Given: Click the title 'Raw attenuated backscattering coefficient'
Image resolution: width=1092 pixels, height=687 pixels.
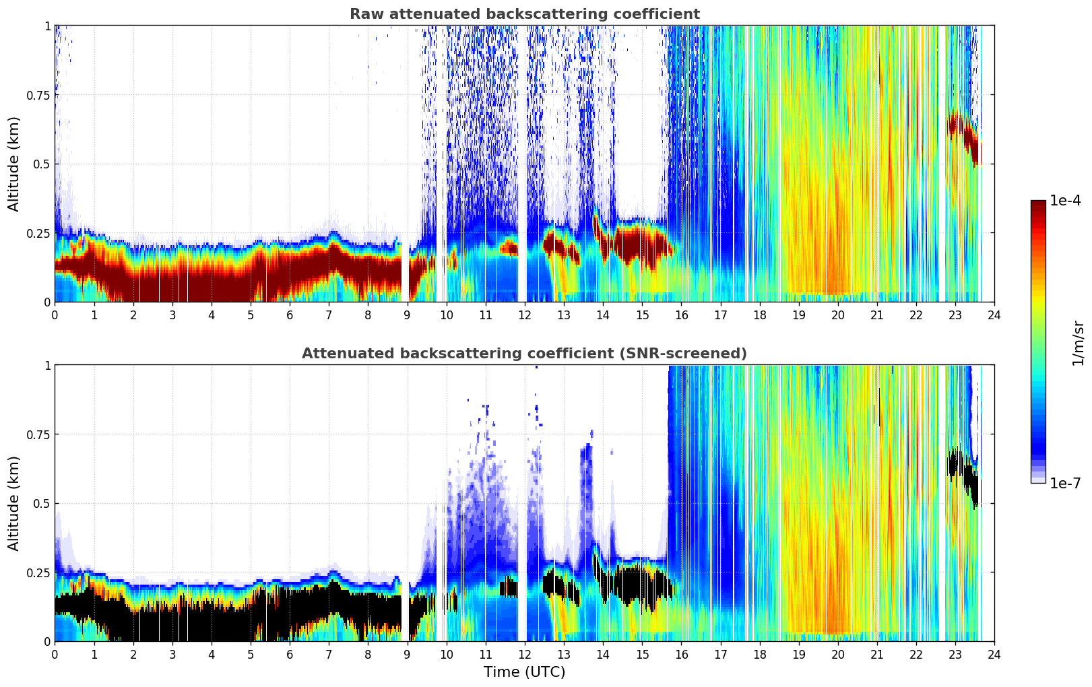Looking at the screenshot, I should click(x=524, y=14).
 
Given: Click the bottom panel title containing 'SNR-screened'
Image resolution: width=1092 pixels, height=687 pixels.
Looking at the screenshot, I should click(x=524, y=354).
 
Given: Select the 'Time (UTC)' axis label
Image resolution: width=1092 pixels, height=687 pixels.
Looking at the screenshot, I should click(x=524, y=672).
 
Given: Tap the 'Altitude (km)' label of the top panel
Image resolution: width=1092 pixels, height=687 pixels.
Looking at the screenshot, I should click(x=14, y=164).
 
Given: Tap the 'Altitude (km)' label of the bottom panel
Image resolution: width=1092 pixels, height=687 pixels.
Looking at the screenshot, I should click(x=14, y=503).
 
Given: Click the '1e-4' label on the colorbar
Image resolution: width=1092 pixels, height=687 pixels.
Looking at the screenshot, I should click(x=1065, y=201).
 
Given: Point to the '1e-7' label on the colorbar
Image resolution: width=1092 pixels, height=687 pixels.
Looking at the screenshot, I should click(x=1065, y=483).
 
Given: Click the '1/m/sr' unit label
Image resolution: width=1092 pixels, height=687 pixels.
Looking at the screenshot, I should click(x=1078, y=343).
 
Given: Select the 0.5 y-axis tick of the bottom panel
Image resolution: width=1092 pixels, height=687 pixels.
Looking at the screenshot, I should click(x=42, y=503).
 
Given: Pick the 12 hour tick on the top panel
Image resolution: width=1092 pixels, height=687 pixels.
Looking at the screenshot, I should click(x=525, y=314).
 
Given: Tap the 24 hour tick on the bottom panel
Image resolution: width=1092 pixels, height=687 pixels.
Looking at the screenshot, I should click(x=994, y=653).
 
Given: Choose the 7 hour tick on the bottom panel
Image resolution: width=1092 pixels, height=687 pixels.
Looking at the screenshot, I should click(x=329, y=653).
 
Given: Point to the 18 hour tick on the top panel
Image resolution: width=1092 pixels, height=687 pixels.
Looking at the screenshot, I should click(x=759, y=314).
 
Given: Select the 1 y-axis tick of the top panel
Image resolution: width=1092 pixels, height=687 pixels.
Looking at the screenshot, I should click(x=47, y=26).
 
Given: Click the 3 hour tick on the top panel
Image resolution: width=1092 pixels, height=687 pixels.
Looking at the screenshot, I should click(x=172, y=314).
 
